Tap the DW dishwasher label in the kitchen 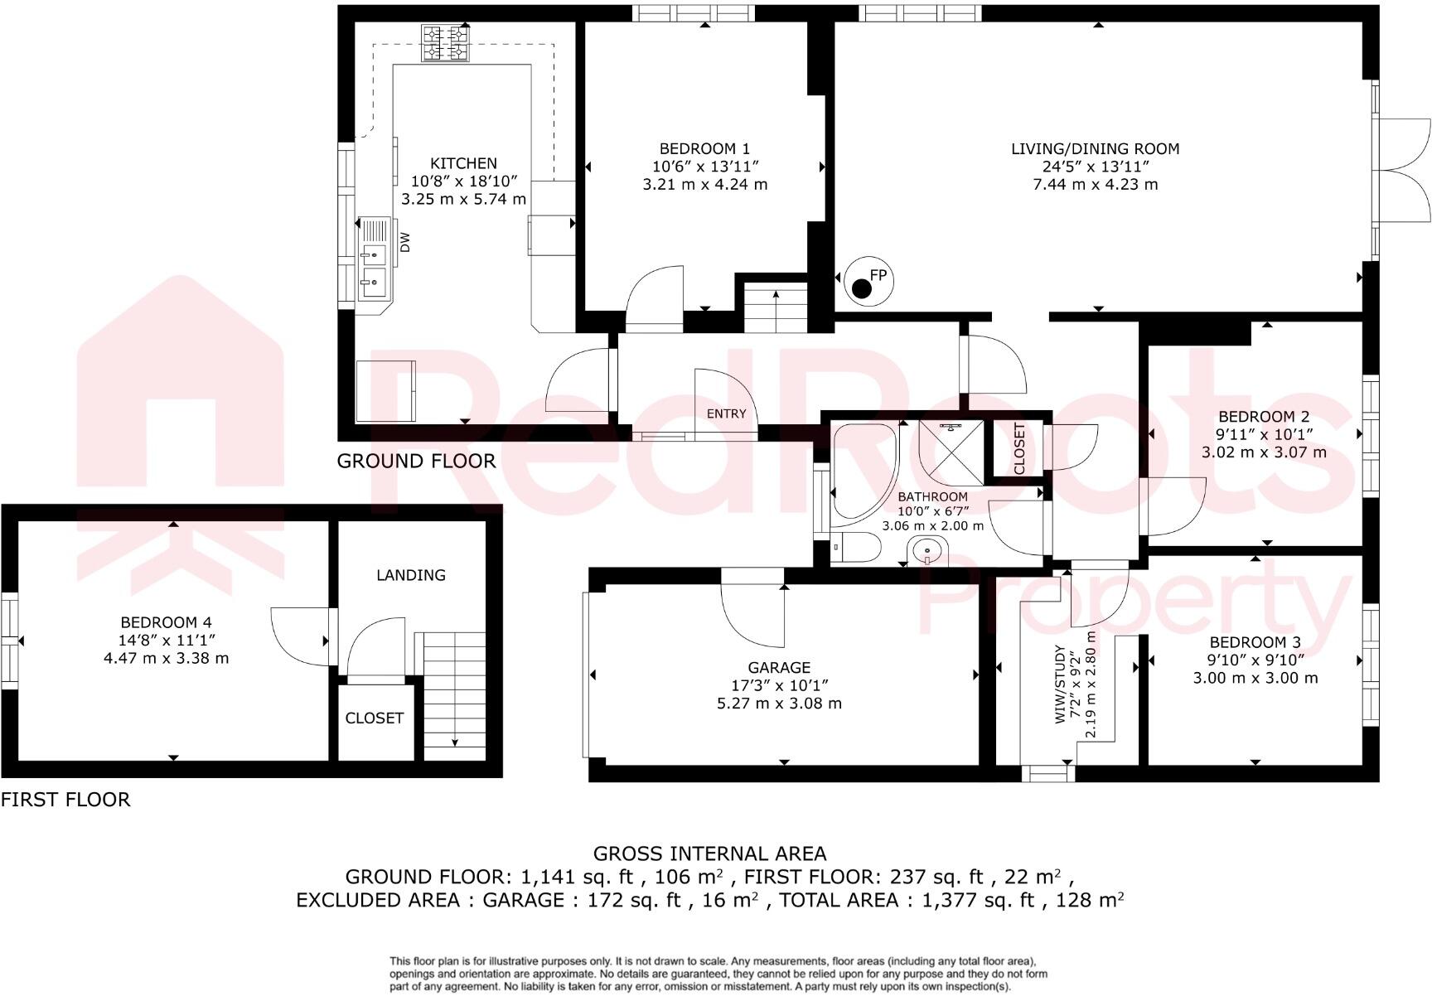pos(405,243)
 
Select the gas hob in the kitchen pos(445,43)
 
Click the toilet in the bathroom pos(858,548)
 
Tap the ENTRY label pos(726,413)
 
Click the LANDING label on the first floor pos(410,575)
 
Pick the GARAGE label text pos(779,667)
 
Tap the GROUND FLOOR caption pos(416,461)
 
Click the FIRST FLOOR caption pos(65,800)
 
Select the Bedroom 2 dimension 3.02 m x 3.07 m pos(1264,452)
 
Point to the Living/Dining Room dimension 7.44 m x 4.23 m pos(1095,185)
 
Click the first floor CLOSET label pos(375,718)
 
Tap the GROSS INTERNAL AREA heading pos(709,854)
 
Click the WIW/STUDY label pos(1060,684)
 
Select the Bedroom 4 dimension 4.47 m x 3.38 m pos(166,659)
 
